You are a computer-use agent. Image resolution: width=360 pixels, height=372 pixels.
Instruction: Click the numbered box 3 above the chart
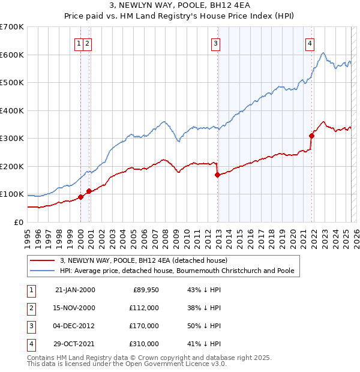pos(215,43)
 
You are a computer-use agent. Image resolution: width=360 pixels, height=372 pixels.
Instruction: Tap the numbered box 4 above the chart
pos(310,43)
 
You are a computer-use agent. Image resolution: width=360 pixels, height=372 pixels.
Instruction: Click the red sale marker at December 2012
pos(217,175)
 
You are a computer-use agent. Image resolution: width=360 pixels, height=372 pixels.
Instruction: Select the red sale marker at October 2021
pos(312,136)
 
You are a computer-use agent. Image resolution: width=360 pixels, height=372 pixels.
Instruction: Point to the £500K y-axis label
pos(12,83)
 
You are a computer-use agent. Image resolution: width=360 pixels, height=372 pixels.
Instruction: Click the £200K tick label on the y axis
pos(12,166)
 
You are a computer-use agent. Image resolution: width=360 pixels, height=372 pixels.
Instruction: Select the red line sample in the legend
pos(42,261)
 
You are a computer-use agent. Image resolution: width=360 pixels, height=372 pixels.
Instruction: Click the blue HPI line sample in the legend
pos(42,271)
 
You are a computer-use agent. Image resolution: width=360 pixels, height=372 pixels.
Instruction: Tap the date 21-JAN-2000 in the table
pos(74,290)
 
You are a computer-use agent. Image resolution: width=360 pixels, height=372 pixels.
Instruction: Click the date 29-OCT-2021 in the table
pos(74,344)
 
